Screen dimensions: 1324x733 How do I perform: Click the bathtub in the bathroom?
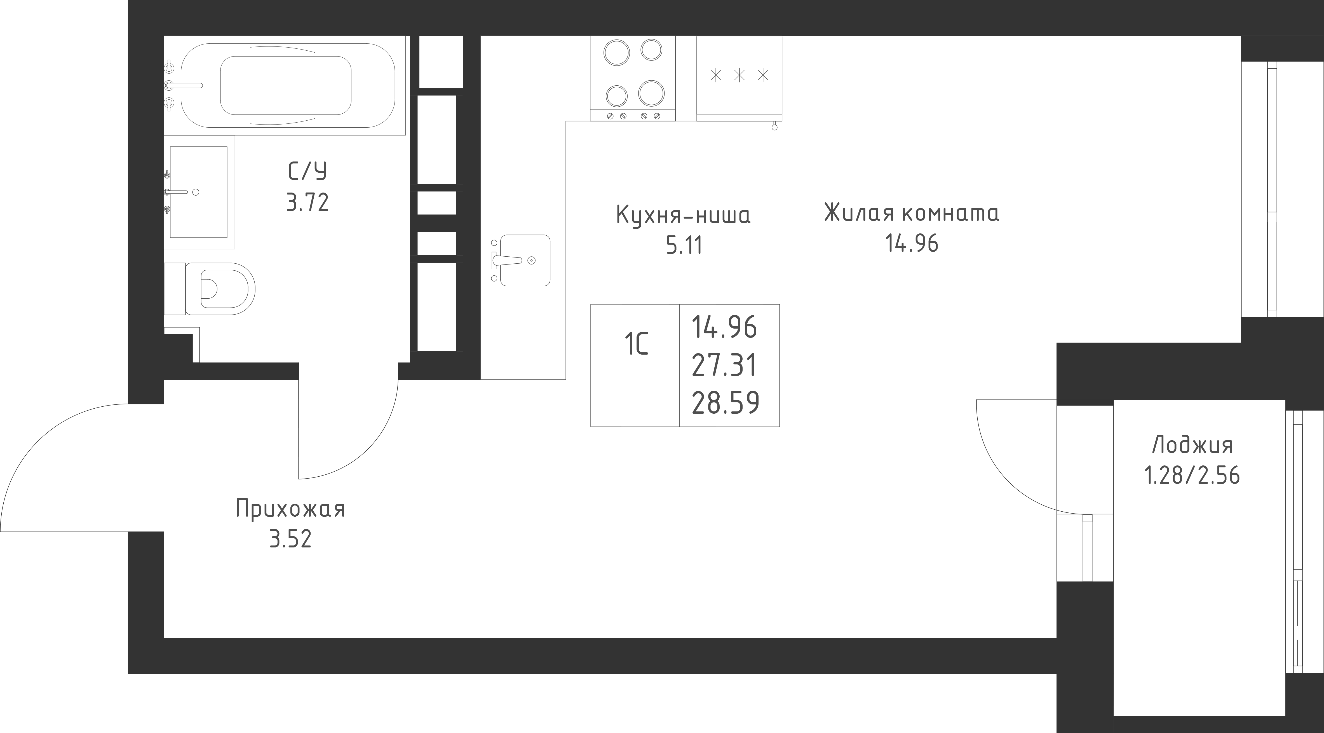pos(288,85)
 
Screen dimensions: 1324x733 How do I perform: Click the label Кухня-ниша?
pos(683,216)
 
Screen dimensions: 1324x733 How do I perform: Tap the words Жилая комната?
pos(912,213)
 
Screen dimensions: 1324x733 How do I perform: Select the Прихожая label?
pos(290,509)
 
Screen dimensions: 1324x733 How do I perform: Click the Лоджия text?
pos(1192,445)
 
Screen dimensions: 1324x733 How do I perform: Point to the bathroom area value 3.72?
pos(307,203)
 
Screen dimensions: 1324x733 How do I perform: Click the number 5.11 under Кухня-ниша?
pos(684,246)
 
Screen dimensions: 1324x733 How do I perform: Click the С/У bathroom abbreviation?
pos(307,172)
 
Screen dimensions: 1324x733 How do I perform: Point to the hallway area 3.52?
pos(290,540)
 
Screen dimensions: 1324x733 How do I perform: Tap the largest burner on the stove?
pos(651,93)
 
